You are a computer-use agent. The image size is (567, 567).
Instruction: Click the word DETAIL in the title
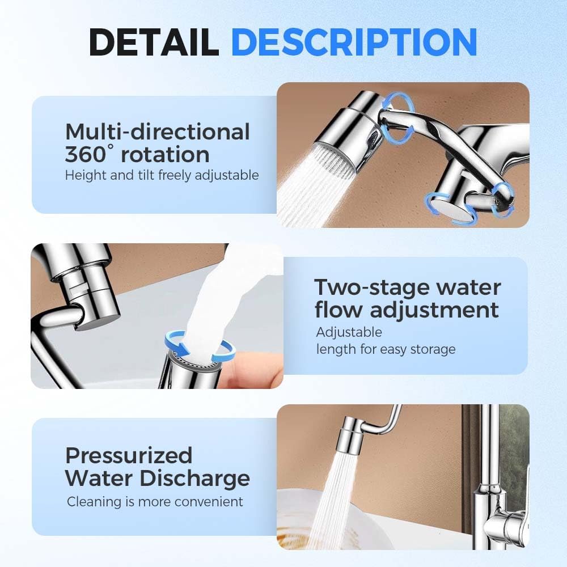point(153,41)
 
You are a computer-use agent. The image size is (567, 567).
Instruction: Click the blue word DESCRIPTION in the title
point(354,41)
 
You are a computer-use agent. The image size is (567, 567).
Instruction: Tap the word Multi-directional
point(157,132)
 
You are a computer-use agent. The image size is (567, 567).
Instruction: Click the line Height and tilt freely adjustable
point(162,175)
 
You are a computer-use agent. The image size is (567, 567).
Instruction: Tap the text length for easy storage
point(386,349)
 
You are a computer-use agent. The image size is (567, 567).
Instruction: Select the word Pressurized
point(129,455)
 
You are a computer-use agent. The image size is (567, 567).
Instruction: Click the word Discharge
point(195,478)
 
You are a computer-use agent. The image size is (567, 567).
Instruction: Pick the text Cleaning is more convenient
point(155,502)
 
